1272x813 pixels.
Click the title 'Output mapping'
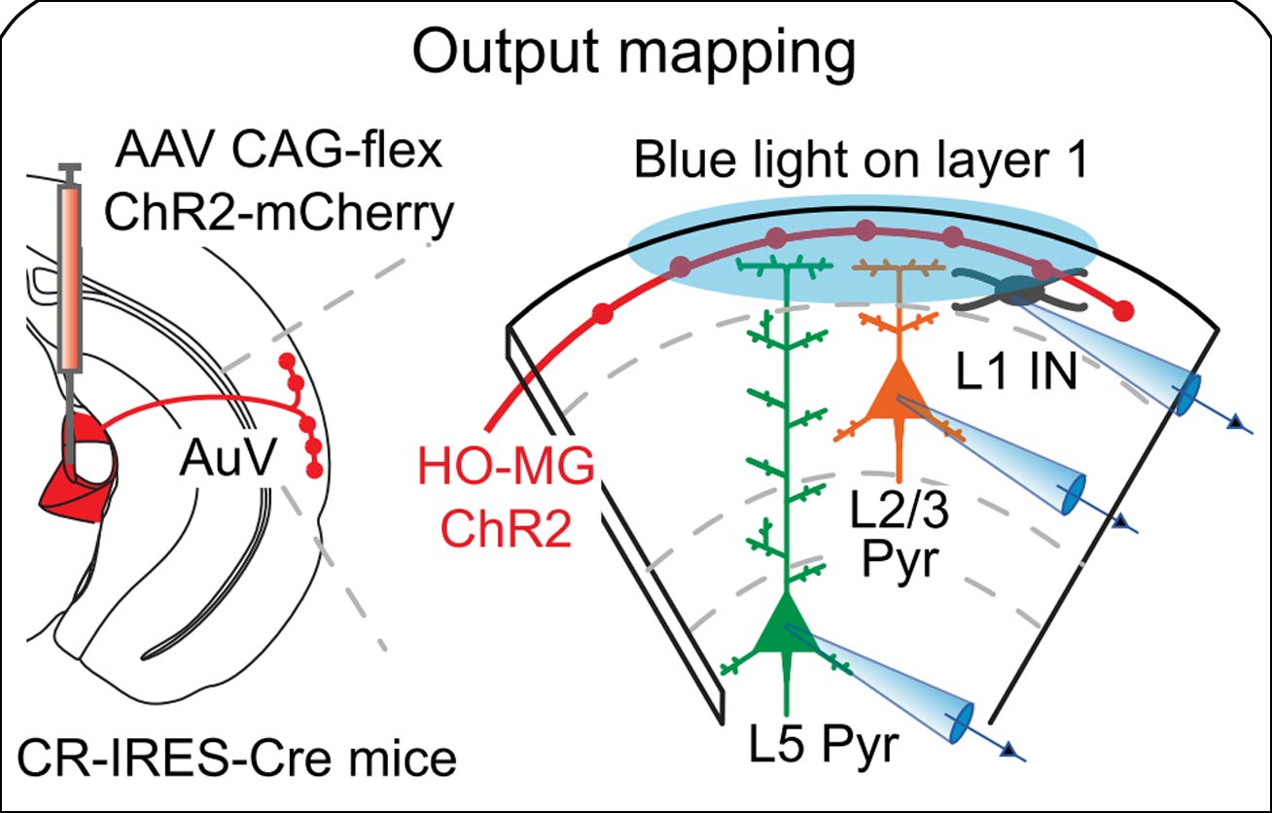pos(635,55)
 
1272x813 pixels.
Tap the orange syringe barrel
pos(70,277)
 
